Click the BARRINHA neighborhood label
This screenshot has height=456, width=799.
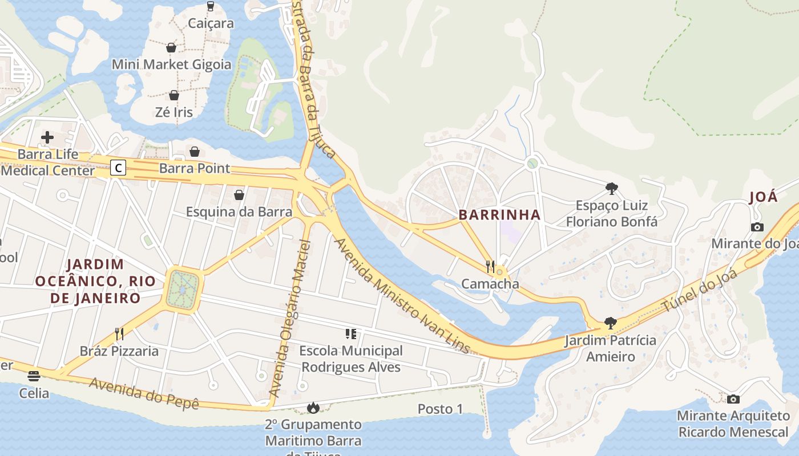click(x=500, y=215)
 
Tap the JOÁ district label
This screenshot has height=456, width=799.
click(x=763, y=197)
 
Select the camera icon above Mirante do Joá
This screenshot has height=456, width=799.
click(x=757, y=227)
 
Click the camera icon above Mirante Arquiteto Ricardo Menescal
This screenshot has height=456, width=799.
click(x=733, y=399)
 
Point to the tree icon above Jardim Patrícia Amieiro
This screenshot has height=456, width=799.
click(x=610, y=323)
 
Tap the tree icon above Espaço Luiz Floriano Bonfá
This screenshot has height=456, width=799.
click(x=612, y=188)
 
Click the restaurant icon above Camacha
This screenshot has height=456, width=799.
click(x=490, y=266)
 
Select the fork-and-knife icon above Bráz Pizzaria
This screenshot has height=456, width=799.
click(x=119, y=333)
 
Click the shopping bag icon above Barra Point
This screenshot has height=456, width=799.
click(x=195, y=152)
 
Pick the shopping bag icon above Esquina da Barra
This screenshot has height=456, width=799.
click(x=239, y=195)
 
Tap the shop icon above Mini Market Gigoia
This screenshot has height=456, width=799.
click(x=171, y=47)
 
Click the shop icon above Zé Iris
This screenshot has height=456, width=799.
click(x=174, y=95)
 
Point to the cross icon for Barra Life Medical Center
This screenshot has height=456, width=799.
click(x=47, y=137)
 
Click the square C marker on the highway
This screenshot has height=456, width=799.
click(x=118, y=168)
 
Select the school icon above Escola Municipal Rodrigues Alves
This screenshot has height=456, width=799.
click(x=351, y=333)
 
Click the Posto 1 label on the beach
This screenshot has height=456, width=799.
click(x=440, y=409)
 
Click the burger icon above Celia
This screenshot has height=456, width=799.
click(x=34, y=376)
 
